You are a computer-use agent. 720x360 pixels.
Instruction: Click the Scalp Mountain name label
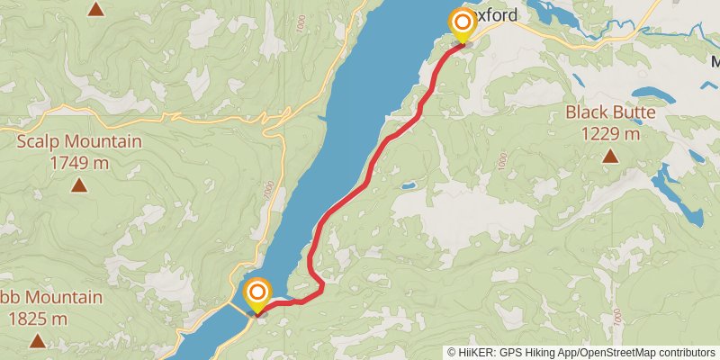click(x=79, y=141)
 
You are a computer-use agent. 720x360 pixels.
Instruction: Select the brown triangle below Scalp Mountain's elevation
click(x=79, y=185)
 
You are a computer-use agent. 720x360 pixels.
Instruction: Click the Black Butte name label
click(x=610, y=113)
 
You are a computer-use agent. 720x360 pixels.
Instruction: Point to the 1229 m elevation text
click(x=610, y=133)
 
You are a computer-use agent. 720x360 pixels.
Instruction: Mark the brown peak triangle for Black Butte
click(x=610, y=157)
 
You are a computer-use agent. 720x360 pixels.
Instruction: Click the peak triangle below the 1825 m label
click(x=38, y=341)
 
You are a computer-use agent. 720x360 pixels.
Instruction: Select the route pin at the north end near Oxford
click(x=463, y=24)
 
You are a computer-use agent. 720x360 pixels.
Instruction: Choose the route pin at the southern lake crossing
click(x=258, y=295)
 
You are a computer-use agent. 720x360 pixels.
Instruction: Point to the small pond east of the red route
click(x=409, y=186)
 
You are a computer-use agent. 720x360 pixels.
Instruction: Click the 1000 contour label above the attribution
click(x=617, y=317)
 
